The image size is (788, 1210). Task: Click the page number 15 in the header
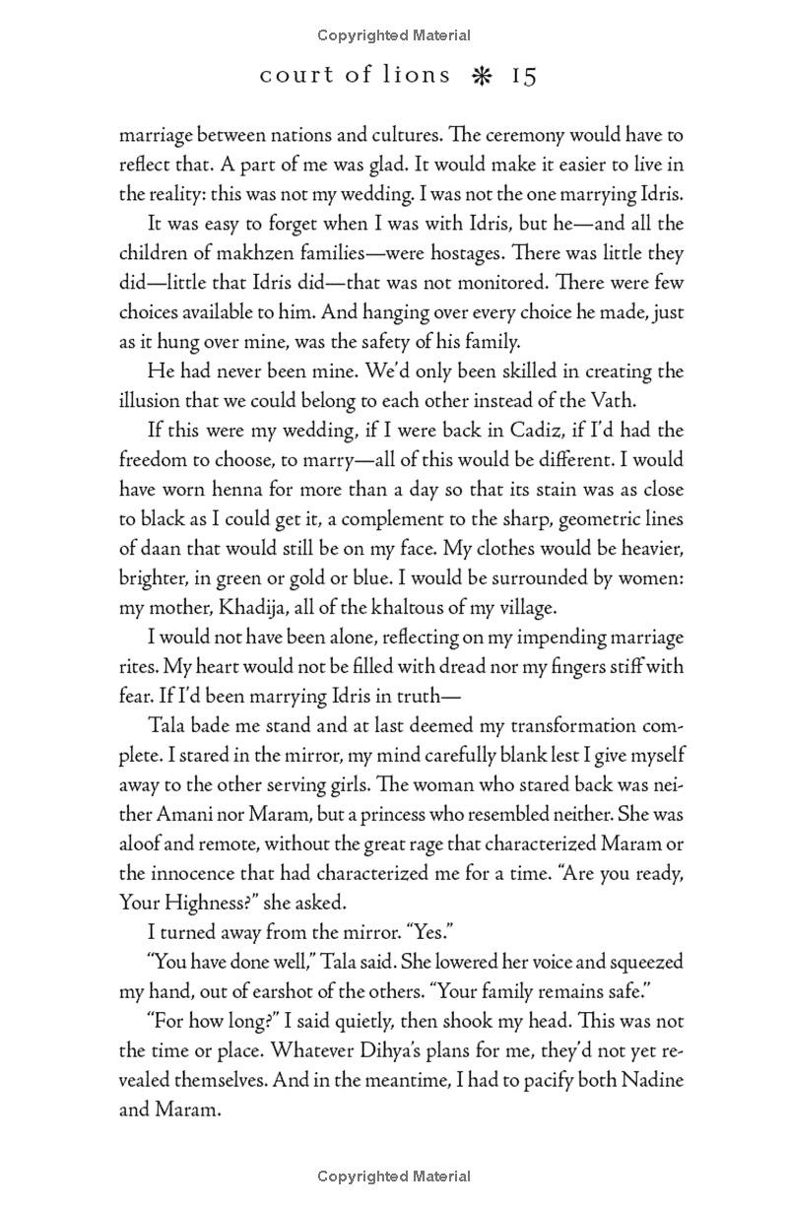click(524, 76)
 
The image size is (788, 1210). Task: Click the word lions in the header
click(418, 76)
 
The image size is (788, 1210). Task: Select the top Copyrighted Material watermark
click(394, 35)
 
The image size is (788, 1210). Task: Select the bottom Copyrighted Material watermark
click(394, 1176)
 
